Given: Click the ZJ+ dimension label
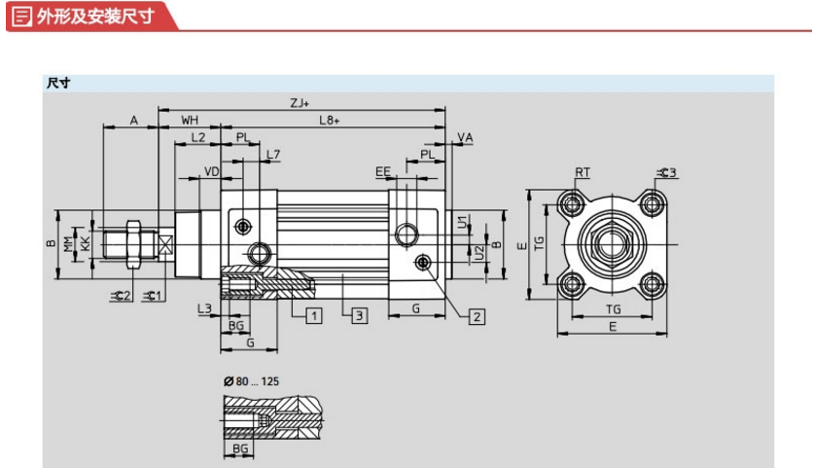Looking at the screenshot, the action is [x=300, y=103].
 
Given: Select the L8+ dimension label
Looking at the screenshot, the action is [x=329, y=120].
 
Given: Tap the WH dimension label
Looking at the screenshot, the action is [x=190, y=120].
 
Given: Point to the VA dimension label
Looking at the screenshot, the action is [x=465, y=137].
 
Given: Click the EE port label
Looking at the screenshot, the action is [x=382, y=171].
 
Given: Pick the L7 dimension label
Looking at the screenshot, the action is [x=273, y=155].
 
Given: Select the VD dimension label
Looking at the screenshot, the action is [x=211, y=171].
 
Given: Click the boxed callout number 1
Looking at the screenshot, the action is [x=313, y=316].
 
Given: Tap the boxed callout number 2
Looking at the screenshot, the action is [x=478, y=317].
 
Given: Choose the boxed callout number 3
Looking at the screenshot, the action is [x=359, y=316].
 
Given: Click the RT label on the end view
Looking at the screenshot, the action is [x=583, y=172].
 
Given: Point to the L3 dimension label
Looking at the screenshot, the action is [x=204, y=308].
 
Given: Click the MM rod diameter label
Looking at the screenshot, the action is [x=68, y=244].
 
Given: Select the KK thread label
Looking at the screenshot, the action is [x=85, y=244].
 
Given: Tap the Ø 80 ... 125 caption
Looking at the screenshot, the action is [x=251, y=381].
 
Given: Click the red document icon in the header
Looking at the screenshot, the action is [x=21, y=17].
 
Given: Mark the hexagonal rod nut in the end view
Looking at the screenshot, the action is [x=612, y=244].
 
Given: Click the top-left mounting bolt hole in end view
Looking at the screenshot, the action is [x=572, y=204].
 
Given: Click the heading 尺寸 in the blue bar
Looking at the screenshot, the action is [x=58, y=83].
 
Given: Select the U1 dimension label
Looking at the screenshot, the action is [x=462, y=222].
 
